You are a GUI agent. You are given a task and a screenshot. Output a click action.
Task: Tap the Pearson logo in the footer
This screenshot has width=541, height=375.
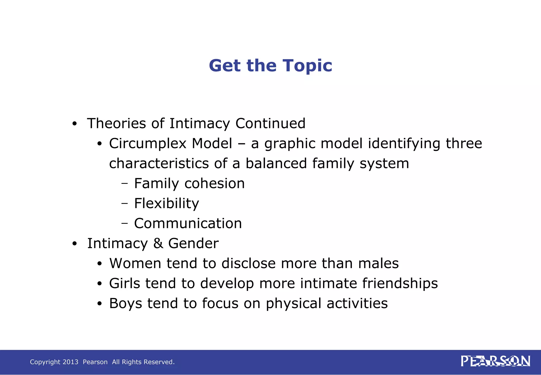495,361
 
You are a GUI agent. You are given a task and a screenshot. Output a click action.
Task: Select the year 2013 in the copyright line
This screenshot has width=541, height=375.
70,362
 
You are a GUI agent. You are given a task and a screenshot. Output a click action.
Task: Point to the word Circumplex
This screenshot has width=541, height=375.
149,144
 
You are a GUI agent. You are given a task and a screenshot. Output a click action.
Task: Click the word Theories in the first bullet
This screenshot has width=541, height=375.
116,124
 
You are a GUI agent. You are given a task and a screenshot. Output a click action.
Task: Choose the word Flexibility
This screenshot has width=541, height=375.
166,203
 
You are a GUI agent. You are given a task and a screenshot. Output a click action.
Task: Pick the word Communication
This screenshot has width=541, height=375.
188,223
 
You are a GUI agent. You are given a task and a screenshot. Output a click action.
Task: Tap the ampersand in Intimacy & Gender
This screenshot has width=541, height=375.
158,243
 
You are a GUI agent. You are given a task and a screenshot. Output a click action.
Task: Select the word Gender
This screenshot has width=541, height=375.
193,243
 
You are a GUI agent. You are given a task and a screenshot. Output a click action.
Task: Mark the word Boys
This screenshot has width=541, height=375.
125,303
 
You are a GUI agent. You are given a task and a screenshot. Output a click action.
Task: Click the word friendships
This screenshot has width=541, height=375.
400,283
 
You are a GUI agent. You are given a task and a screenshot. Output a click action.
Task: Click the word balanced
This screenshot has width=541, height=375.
276,163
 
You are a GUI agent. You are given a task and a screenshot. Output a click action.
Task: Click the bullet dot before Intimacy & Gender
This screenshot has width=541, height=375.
74,244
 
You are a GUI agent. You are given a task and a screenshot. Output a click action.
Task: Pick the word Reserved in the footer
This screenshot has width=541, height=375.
161,362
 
